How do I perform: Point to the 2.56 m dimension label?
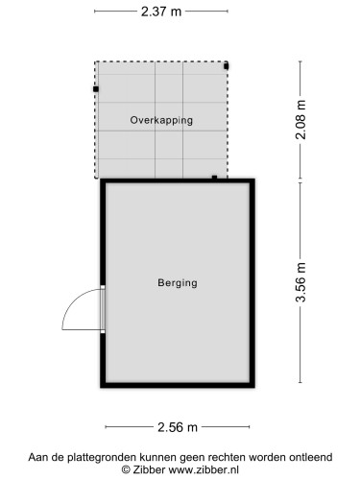[178, 427]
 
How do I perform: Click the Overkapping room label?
[161, 121]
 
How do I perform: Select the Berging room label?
[178, 283]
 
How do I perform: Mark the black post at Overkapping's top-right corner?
[227, 66]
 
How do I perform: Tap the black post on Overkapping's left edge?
[96, 88]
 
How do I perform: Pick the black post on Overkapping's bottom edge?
[214, 177]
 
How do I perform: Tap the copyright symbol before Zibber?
[126, 471]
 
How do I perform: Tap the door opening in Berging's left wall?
[103, 310]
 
